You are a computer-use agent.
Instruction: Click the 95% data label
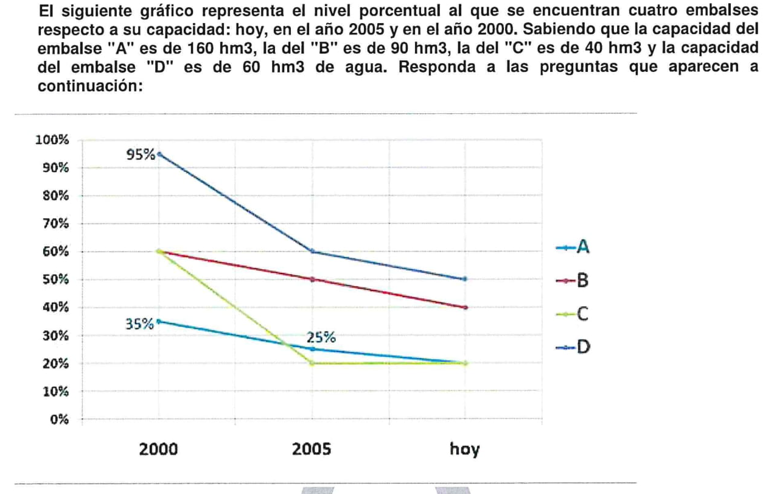(141, 155)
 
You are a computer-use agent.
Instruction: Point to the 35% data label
(140, 324)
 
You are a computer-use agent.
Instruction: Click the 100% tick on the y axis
(53, 139)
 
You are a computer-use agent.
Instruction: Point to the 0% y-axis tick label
(59, 420)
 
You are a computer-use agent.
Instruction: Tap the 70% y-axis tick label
(56, 224)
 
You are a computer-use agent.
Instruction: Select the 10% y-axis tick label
(56, 392)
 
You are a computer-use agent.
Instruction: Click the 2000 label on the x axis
(159, 450)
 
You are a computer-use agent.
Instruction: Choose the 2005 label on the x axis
(312, 450)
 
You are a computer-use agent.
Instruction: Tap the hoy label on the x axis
(465, 451)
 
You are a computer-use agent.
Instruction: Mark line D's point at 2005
(312, 252)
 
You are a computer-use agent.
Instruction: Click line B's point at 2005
(312, 280)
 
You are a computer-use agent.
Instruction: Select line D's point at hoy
(466, 279)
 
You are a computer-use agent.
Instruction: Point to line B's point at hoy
(466, 308)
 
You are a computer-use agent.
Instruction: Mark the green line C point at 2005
(312, 363)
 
